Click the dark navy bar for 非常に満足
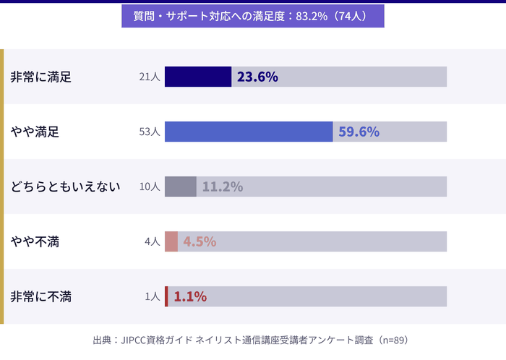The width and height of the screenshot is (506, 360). pyautogui.click(x=197, y=77)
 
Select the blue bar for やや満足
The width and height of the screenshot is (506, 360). pyautogui.click(x=249, y=132)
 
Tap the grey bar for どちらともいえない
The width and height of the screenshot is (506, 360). pyautogui.click(x=180, y=187)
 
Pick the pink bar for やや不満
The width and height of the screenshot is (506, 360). pyautogui.click(x=171, y=241)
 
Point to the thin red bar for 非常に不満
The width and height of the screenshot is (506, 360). pyautogui.click(x=166, y=296)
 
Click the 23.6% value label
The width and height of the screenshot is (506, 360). pyautogui.click(x=257, y=77)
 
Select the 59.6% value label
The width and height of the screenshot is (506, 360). pyautogui.click(x=359, y=132)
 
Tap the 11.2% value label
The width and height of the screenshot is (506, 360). pyautogui.click(x=222, y=187)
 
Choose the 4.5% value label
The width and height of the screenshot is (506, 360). pyautogui.click(x=200, y=241)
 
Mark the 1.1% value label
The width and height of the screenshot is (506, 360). pyautogui.click(x=190, y=296)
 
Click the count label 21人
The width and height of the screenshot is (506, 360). pyautogui.click(x=150, y=77)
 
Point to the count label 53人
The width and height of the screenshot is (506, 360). pyautogui.click(x=150, y=132)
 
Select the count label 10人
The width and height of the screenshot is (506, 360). pyautogui.click(x=150, y=187)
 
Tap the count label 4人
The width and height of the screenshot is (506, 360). pyautogui.click(x=153, y=241)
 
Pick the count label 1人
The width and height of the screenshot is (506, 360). pyautogui.click(x=153, y=296)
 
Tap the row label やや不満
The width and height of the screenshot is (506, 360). pyautogui.click(x=35, y=241)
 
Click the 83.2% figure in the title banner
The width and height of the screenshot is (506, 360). pyautogui.click(x=312, y=16)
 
